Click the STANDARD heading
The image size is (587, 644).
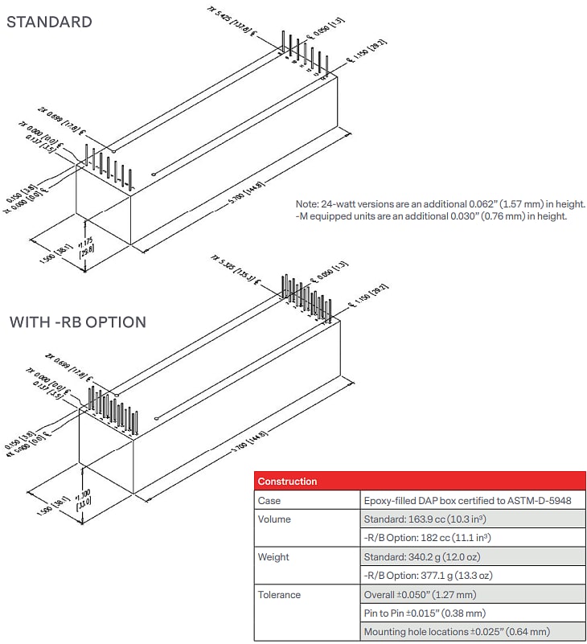[49, 22]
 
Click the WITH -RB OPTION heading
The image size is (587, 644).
[77, 322]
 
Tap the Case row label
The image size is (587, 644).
[269, 501]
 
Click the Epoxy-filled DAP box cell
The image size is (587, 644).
[467, 501]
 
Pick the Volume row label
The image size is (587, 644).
[274, 519]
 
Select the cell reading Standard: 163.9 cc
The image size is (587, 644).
[423, 519]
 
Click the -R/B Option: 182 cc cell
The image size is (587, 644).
[427, 538]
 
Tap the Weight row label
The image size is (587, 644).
[273, 557]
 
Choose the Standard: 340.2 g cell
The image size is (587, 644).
[421, 557]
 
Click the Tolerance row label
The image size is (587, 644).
[279, 595]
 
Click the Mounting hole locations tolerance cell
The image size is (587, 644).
[457, 632]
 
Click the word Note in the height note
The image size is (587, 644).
[308, 204]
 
